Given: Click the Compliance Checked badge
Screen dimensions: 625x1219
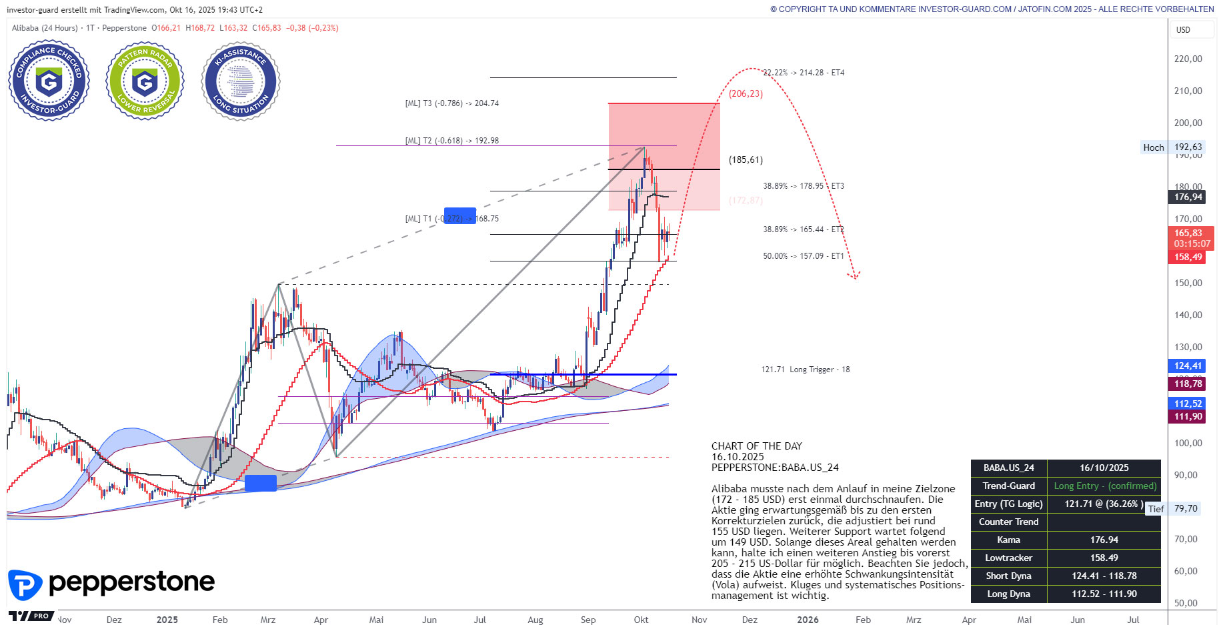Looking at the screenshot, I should [x=49, y=80].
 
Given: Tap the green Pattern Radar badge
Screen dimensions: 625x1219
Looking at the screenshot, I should [x=145, y=81].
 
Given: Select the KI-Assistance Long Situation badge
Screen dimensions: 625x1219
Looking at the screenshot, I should [x=241, y=81].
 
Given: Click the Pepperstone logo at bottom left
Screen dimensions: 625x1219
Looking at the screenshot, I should [x=111, y=584].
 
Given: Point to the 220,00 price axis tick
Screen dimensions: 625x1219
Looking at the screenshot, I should [x=1188, y=59].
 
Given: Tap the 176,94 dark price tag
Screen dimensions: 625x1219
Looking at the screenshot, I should [x=1188, y=197].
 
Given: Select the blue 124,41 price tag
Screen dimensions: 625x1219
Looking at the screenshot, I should [x=1188, y=366].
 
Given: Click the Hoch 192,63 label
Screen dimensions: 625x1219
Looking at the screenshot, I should [x=1172, y=147].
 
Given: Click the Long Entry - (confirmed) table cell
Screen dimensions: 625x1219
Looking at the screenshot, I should [x=1104, y=486].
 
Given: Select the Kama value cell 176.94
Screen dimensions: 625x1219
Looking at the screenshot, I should [x=1104, y=540].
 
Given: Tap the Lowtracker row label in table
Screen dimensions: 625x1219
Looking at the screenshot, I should [x=1008, y=558].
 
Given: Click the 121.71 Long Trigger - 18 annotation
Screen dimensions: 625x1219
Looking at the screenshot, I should [x=806, y=370].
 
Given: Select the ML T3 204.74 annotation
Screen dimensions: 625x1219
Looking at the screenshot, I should [x=452, y=103].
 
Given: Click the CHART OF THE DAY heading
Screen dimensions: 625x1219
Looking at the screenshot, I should [x=756, y=446].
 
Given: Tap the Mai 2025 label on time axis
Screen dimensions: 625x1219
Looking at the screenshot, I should [x=376, y=620].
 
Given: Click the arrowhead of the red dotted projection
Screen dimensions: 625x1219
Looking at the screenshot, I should [x=855, y=275].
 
